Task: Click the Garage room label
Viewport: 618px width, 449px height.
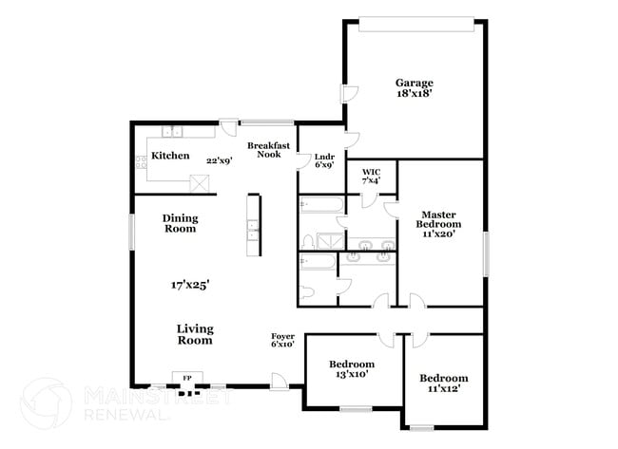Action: (415, 83)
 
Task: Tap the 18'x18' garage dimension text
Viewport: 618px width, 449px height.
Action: (415, 94)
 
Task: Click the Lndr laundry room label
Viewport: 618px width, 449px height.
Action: (311, 158)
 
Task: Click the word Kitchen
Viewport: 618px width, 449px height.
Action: (170, 156)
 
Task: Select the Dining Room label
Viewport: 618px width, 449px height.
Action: (179, 222)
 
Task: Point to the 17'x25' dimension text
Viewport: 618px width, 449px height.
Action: (190, 283)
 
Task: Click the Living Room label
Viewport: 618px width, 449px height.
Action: (194, 334)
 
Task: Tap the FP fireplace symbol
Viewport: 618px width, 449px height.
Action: (187, 378)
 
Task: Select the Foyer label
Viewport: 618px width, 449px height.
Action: (282, 339)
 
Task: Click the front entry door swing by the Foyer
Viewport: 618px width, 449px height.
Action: (279, 380)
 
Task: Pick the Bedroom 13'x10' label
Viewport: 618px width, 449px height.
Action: (352, 368)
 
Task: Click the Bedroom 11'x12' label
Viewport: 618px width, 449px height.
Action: (444, 384)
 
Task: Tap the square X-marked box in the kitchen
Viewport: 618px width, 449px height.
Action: (200, 183)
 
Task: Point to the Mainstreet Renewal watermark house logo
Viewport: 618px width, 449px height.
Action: (46, 402)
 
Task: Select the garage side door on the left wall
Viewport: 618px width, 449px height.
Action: (349, 94)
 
